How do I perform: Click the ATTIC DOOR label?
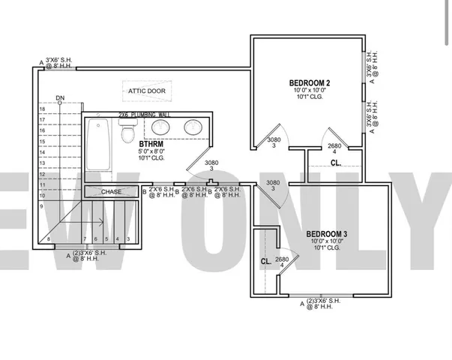pos(147,91)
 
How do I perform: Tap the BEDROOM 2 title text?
pos(310,82)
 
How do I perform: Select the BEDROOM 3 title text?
pos(326,234)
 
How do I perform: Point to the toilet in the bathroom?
pos(127,133)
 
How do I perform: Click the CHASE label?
pos(112,192)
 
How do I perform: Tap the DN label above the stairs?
pos(60,98)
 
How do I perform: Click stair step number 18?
pos(42,109)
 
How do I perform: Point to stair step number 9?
pos(42,205)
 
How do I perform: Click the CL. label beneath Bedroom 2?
pos(336,162)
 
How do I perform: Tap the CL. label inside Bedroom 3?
pos(265,262)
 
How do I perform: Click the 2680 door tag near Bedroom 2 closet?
pos(335,146)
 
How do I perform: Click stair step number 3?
pos(128,239)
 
